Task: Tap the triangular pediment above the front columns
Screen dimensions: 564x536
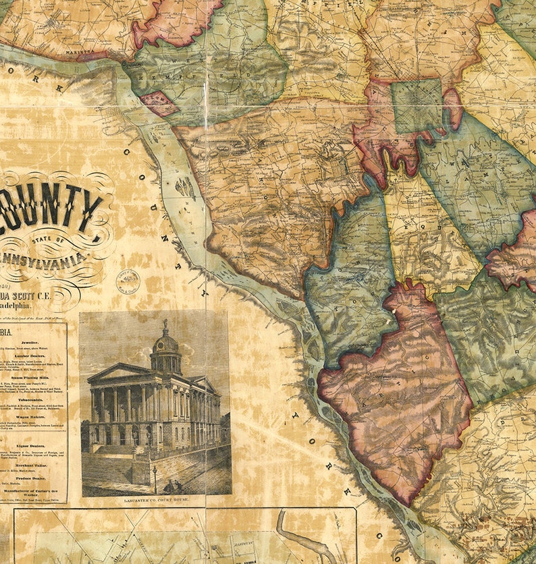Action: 120,373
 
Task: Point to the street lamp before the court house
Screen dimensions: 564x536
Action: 155,476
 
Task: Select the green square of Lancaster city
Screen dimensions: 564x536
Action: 417,106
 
